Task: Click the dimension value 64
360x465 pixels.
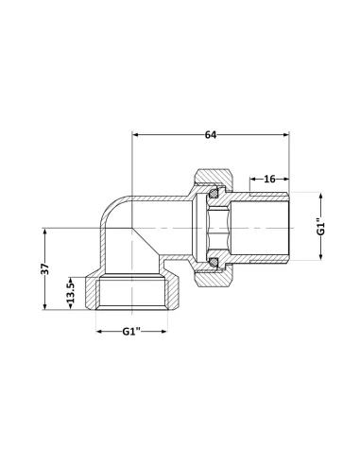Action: [210, 136]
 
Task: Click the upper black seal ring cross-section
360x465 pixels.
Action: [215, 191]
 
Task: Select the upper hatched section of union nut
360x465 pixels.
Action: [214, 176]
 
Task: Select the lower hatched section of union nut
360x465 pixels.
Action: [214, 278]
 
